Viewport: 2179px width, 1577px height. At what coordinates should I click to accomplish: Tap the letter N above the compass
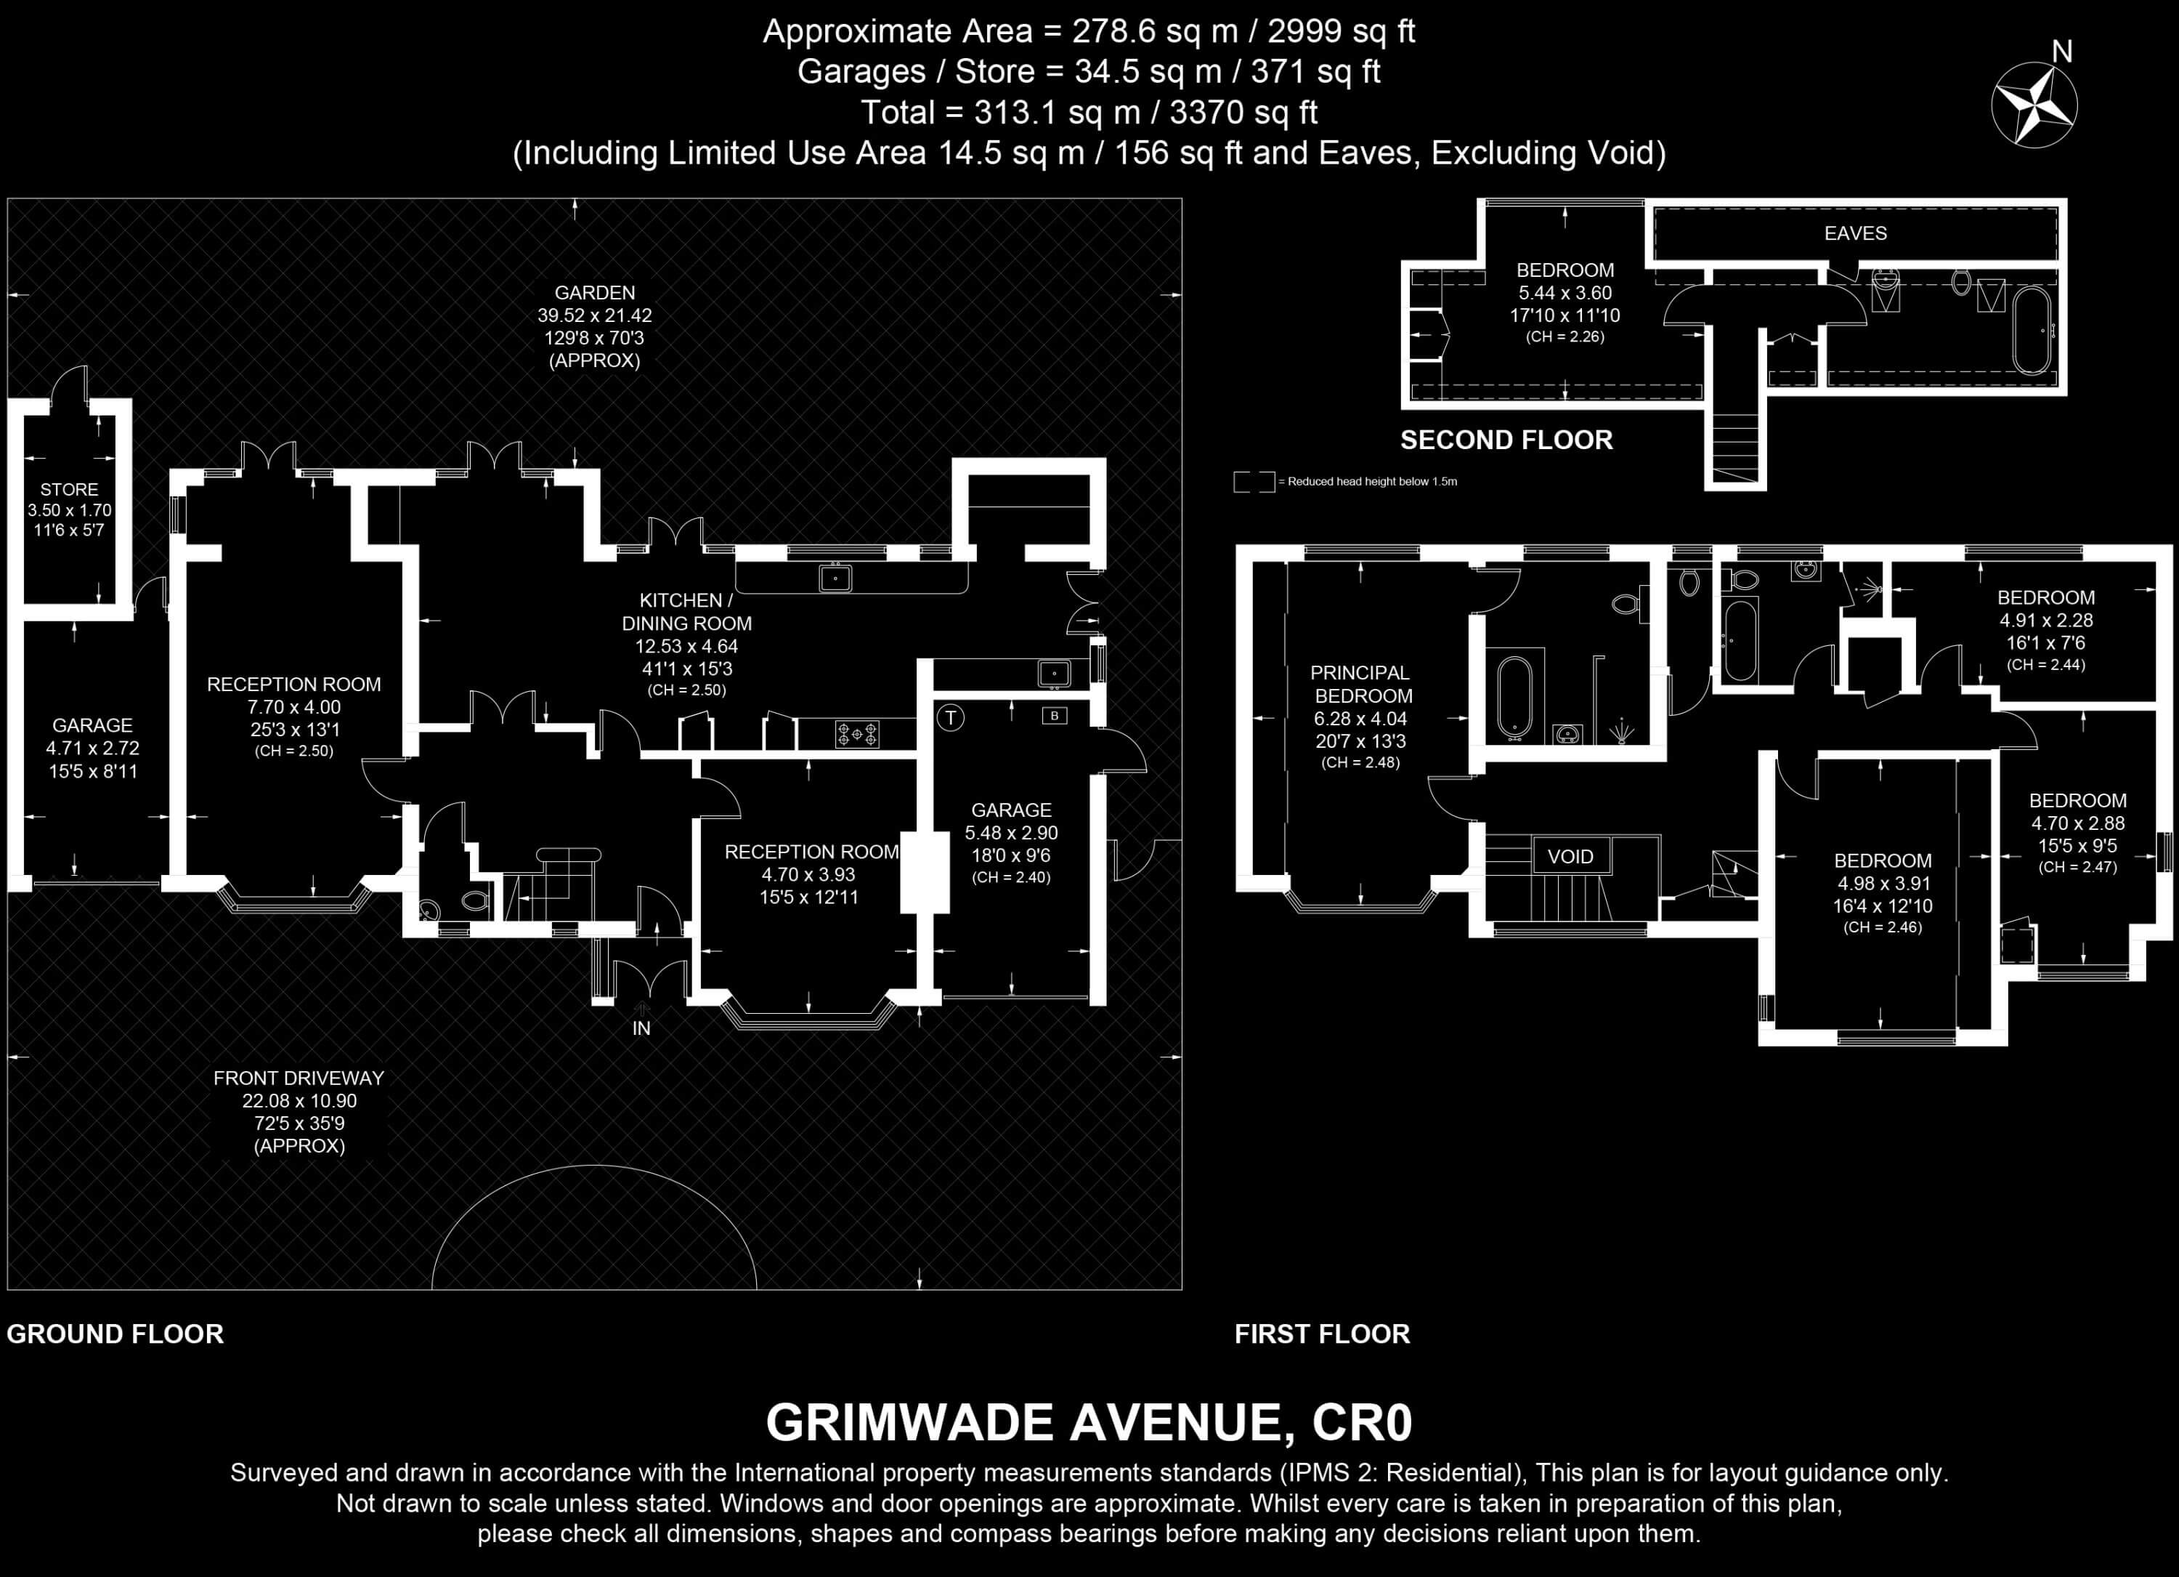coord(2062,52)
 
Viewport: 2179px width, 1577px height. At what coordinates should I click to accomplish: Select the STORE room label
coord(69,489)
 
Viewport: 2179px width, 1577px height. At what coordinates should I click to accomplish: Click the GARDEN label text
coord(595,292)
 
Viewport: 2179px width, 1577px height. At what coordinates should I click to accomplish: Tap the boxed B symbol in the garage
coord(1055,715)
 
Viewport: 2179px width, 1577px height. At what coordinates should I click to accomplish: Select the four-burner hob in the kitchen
coord(857,734)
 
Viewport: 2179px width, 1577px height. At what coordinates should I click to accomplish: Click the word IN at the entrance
coord(642,1028)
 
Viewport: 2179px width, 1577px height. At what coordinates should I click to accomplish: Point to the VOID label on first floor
coord(1570,856)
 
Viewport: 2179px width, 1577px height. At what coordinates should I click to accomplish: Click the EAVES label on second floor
coord(1855,233)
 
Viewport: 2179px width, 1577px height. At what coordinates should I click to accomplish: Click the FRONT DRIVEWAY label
coord(299,1078)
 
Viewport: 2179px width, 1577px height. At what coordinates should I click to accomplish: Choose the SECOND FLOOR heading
coord(1506,440)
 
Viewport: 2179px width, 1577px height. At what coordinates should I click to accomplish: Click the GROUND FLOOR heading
coord(115,1334)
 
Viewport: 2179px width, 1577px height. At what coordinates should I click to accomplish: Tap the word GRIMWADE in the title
coord(910,1423)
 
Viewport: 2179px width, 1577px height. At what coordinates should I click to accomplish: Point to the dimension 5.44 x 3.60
coord(1565,293)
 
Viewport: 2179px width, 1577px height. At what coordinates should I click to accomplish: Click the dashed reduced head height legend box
coord(1254,482)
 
